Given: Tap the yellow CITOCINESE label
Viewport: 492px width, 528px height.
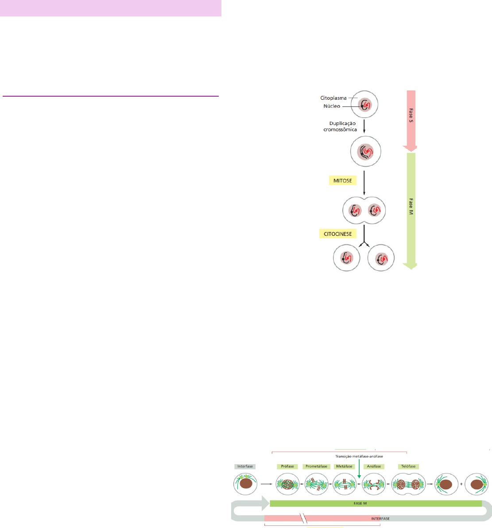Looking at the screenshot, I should (x=338, y=233).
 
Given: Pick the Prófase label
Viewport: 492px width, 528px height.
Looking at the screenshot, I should (x=288, y=466).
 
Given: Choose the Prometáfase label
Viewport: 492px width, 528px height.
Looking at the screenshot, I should (x=317, y=466).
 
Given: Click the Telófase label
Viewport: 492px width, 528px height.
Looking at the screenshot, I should (x=408, y=466).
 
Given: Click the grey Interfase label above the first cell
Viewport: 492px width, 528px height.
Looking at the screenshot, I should (x=245, y=466).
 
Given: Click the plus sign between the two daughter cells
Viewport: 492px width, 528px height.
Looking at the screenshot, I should (x=461, y=484).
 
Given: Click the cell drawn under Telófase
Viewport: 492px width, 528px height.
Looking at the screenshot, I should (x=408, y=484).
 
